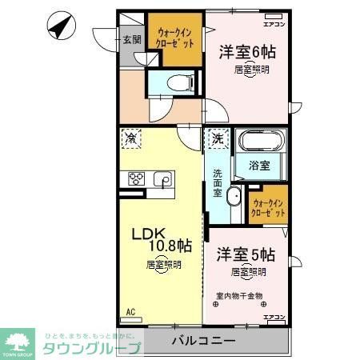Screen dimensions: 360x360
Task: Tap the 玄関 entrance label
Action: (x=131, y=39)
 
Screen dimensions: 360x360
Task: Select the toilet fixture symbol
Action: (x=179, y=80)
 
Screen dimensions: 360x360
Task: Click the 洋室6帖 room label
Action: (x=246, y=53)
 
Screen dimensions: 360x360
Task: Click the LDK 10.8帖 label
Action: (x=162, y=239)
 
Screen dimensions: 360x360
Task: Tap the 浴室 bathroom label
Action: (x=258, y=166)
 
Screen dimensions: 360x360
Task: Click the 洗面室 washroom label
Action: (x=218, y=182)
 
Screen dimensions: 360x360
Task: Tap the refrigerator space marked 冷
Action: (x=130, y=138)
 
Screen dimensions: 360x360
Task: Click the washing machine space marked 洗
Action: (x=216, y=138)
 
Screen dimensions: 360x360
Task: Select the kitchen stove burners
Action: (x=135, y=178)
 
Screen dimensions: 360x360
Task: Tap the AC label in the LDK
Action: (x=130, y=312)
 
